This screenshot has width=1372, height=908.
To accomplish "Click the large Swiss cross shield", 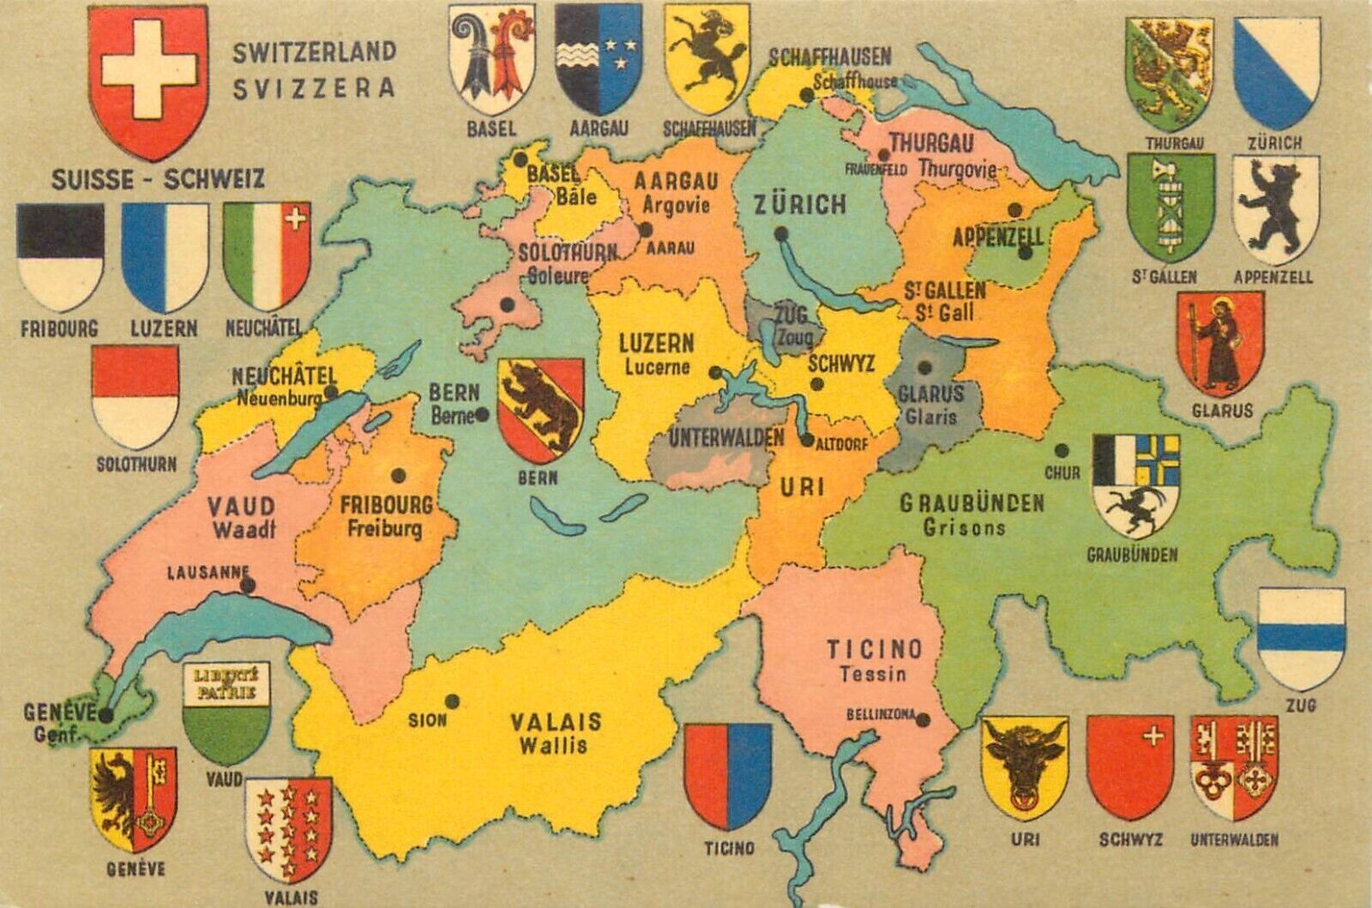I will pos(150,81).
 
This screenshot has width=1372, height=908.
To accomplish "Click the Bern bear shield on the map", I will pos(541,411).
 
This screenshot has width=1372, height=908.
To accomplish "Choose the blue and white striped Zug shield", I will pos(1300,639).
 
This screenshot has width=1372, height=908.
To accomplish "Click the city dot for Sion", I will pos(453,701).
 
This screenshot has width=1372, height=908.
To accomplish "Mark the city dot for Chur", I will pos(1062,451).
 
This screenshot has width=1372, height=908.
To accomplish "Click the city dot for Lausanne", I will pos(249,586).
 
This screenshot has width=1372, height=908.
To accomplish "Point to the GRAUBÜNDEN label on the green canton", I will pos(972,502).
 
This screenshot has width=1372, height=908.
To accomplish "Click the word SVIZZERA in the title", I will pos(313,87).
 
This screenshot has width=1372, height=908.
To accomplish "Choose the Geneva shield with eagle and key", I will pos(133,798).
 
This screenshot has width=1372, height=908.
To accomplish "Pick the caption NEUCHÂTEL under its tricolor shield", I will pos(264,327).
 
